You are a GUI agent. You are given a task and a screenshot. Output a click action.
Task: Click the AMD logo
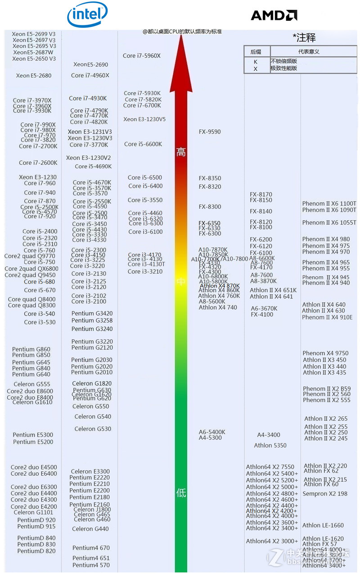[x=274, y=16]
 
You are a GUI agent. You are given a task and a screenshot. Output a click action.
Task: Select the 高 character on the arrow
[x=181, y=152]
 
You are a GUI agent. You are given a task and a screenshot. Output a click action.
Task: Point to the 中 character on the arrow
[x=181, y=282]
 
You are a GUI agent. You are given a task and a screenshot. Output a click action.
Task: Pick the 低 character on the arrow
[x=181, y=493]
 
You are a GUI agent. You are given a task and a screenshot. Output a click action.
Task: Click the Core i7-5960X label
[x=142, y=56]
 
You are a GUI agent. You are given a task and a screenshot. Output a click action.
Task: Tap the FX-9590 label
[x=210, y=132]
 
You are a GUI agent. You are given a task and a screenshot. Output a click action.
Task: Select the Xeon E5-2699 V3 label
[x=34, y=34]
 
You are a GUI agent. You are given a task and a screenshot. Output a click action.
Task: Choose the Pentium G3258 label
[x=92, y=320]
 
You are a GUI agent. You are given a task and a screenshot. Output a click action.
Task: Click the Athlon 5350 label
[x=270, y=446]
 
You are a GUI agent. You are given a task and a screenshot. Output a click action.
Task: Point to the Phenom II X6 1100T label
[x=329, y=204]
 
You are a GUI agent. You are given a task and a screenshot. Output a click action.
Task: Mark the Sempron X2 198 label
[x=325, y=494]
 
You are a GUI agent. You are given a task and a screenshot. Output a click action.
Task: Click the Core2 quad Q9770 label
[x=30, y=256]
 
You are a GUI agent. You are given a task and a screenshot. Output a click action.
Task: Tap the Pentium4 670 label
[x=91, y=548]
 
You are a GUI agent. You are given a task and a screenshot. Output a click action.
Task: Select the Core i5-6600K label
[x=143, y=144]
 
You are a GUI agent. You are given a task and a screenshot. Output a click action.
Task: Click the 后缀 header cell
[x=256, y=51]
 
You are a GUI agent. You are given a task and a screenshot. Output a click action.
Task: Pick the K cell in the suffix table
[x=256, y=62]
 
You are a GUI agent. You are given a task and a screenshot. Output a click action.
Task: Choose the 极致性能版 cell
[x=283, y=68]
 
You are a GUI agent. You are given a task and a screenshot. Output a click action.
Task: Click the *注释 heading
[x=304, y=38]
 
